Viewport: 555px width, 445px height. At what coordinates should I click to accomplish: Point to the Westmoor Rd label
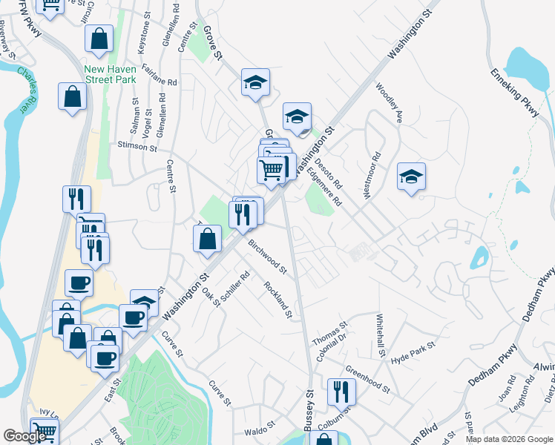pos(370,175)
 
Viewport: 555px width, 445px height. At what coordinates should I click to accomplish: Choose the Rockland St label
pos(277,299)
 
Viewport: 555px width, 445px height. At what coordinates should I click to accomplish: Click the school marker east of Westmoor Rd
pos(411,177)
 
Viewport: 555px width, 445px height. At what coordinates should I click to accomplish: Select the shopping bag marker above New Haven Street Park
pos(99,39)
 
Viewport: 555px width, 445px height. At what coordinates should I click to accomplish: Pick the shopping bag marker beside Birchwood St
pos(207,239)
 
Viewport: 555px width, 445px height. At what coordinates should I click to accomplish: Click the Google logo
pos(25,436)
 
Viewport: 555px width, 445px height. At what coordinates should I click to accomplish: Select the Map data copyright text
pos(508,439)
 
